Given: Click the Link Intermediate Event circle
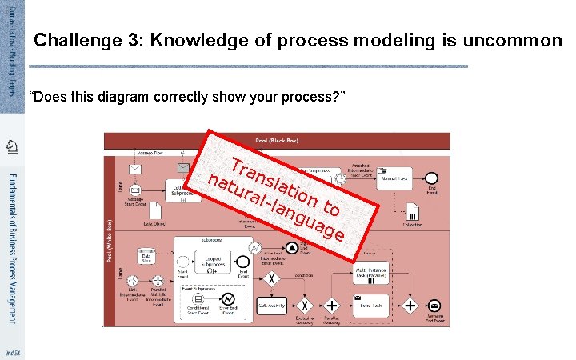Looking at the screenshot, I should click(x=131, y=282).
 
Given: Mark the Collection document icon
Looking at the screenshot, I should click(x=414, y=210).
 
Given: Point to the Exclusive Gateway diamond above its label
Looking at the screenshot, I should click(x=305, y=305).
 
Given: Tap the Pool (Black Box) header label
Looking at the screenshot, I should click(x=277, y=140).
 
